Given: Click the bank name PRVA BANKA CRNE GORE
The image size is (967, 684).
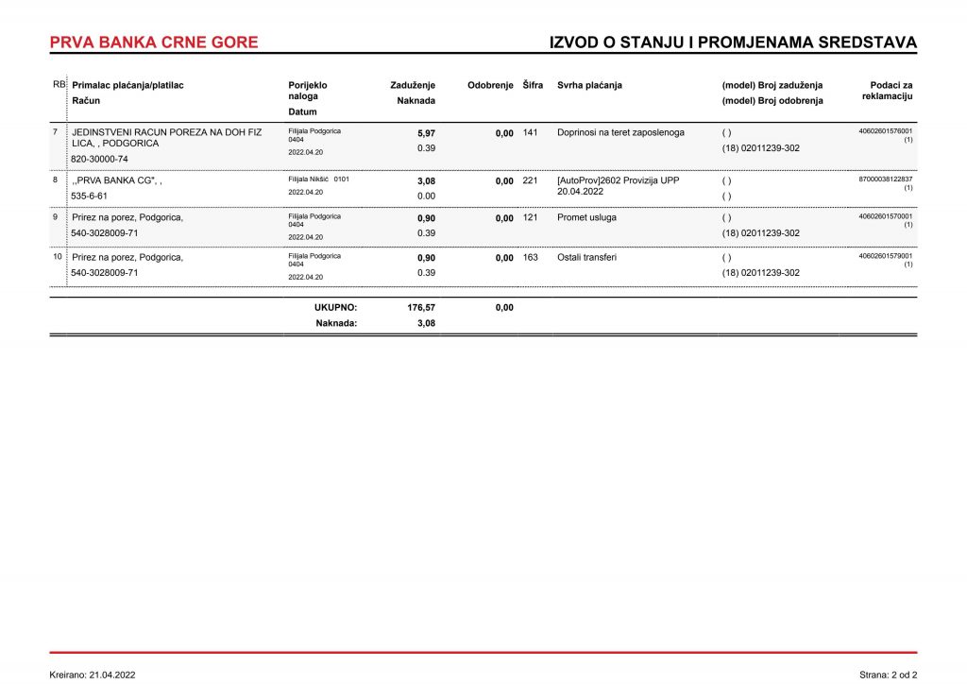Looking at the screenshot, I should coord(154,43).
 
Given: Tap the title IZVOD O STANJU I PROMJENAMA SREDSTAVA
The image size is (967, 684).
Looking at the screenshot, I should coord(733,43).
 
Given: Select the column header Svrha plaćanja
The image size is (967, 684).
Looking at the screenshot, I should coord(589,85).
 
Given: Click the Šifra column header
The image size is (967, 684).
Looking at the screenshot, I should coord(533,85).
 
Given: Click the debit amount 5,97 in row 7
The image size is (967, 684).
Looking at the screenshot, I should coord(426,133).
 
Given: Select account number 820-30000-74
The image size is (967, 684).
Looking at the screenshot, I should coord(100,160).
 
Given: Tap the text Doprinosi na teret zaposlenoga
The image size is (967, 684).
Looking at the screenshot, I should coord(620,132).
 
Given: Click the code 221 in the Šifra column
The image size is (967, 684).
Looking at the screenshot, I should coord(530,180).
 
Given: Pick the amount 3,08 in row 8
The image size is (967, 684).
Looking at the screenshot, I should coord(426,180).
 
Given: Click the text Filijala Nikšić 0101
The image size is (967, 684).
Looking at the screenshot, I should coord(318,179).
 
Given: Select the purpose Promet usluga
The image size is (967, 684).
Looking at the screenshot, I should coord(586,217).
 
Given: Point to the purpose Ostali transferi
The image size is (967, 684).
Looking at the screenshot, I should coord(586,257).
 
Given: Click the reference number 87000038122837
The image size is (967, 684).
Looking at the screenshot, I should coord(885,179).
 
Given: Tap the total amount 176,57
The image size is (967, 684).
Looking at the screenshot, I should coord(421,307).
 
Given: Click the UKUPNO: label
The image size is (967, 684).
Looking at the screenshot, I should coord(335,307).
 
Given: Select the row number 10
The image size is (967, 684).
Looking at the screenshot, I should coord(57,257).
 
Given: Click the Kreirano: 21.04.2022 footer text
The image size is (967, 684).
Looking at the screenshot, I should coord(93,675).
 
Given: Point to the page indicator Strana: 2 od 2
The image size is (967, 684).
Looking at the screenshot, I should coord(888,675).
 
